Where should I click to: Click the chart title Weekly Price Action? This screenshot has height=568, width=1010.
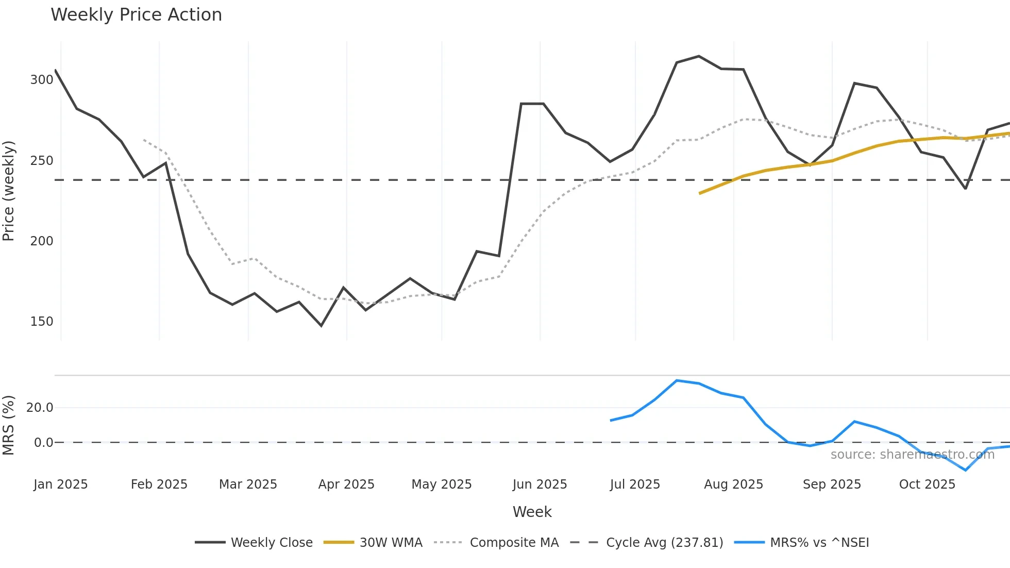click(x=136, y=15)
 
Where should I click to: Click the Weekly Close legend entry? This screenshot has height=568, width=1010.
click(x=271, y=543)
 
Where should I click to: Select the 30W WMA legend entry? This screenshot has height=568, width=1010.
click(x=391, y=543)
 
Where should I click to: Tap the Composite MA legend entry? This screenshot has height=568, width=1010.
click(x=514, y=543)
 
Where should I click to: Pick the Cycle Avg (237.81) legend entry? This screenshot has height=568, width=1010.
click(x=664, y=543)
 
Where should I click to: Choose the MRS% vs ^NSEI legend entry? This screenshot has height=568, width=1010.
click(x=819, y=543)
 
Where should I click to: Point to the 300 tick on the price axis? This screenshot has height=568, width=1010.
click(x=42, y=80)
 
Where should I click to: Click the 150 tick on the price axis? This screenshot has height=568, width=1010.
click(x=42, y=322)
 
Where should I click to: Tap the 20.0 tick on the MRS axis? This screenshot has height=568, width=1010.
click(x=40, y=408)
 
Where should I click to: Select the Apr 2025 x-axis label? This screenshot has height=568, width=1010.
click(x=346, y=485)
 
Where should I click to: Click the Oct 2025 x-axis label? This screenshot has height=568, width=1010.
click(x=927, y=485)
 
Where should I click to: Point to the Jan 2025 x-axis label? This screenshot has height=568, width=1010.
click(x=61, y=485)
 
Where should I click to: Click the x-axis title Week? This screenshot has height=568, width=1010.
click(x=532, y=512)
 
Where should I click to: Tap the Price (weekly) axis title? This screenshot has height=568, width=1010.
click(x=9, y=191)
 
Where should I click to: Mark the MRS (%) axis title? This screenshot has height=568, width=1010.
click(x=9, y=425)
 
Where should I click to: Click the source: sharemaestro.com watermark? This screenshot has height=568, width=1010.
click(x=912, y=455)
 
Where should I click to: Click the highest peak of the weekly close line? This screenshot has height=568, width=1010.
click(x=699, y=56)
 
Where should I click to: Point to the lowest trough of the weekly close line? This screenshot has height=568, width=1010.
click(x=322, y=326)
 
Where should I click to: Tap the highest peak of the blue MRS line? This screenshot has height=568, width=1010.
click(x=677, y=380)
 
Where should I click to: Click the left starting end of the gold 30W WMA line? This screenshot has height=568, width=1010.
click(x=700, y=193)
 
